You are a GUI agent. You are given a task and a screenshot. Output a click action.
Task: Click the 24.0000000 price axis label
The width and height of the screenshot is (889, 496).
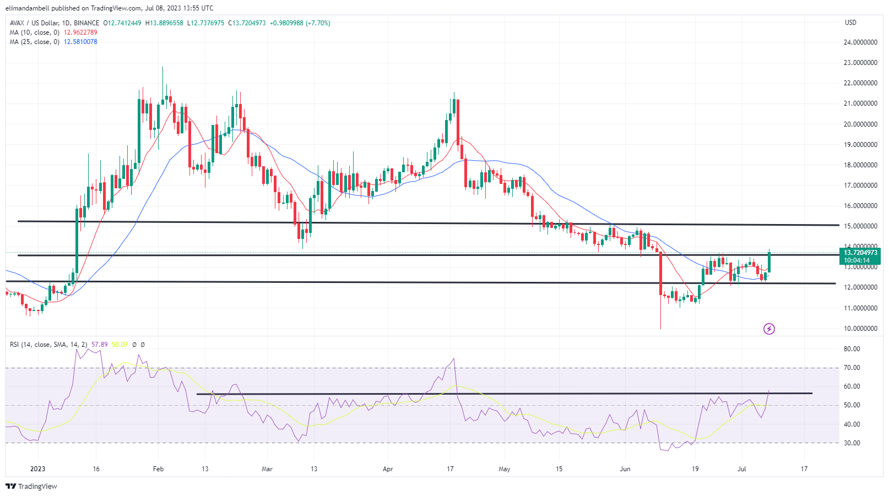860,42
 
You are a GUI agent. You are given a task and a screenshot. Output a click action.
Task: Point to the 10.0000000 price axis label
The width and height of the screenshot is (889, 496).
860,329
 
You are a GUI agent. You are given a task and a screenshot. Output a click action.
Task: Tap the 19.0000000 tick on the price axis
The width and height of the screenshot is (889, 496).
860,145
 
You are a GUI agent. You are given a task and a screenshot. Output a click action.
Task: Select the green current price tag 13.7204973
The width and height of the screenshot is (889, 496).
860,253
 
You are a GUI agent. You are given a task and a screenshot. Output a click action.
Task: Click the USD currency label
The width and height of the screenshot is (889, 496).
850,23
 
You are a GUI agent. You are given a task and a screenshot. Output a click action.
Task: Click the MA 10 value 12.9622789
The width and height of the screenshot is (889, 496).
80,32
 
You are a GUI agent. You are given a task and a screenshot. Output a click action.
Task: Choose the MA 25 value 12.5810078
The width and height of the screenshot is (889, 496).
80,42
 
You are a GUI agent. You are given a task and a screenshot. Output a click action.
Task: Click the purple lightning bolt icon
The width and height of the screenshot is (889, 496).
769,329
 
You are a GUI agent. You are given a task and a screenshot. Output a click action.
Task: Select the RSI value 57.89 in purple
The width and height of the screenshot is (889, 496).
100,345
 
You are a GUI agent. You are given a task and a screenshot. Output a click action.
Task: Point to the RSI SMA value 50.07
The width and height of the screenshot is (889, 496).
120,345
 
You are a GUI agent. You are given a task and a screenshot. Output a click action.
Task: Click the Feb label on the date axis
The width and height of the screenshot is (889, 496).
158,469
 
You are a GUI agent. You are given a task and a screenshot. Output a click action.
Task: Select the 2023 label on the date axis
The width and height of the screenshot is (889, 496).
37,469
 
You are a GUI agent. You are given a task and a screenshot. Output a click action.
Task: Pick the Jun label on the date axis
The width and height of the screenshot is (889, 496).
625,469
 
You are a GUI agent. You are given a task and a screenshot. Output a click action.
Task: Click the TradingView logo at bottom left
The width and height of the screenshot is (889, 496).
31,487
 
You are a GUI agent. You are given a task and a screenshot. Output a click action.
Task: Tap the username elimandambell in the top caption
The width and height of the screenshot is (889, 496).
29,8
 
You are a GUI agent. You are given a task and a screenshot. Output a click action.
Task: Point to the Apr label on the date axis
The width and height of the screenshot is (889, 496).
388,469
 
